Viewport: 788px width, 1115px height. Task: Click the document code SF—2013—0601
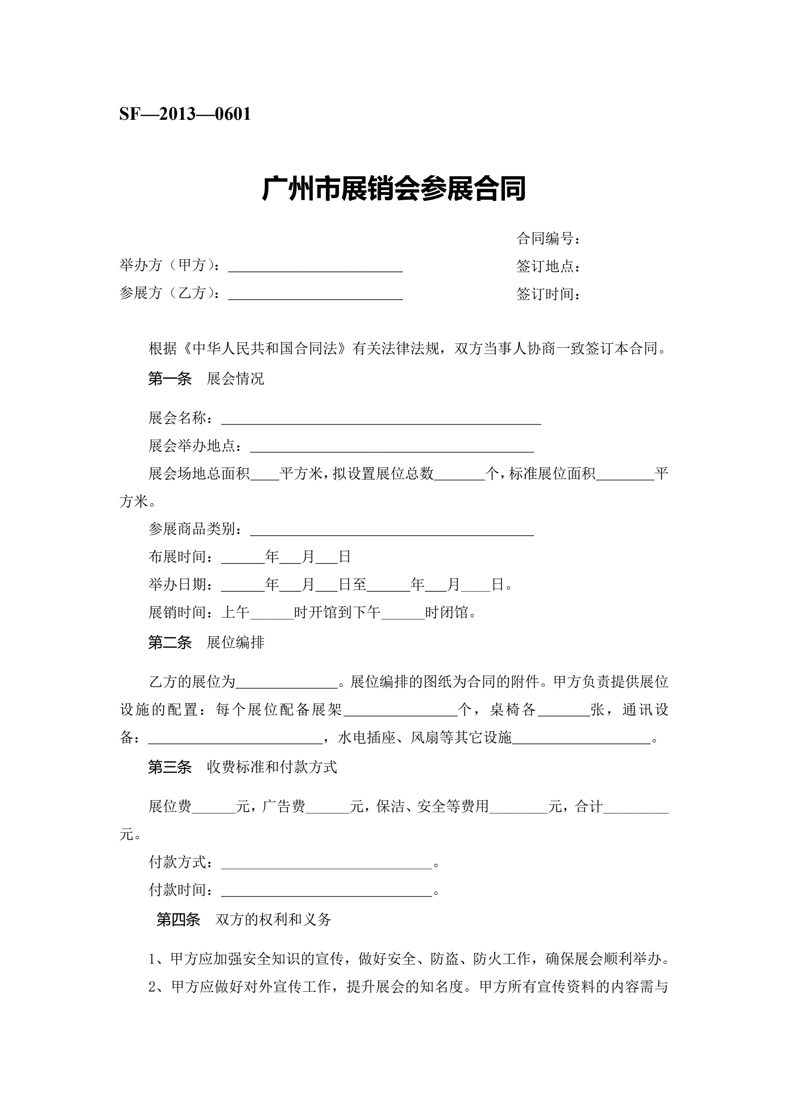coord(185,114)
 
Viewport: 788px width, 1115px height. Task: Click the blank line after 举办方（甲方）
coord(315,268)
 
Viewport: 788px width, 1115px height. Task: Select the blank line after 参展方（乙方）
coord(315,296)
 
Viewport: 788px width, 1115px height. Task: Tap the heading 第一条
coord(170,379)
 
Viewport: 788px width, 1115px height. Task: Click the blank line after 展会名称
coord(381,421)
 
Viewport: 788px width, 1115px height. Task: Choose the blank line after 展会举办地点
coord(392,448)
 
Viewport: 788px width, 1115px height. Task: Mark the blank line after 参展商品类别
coord(392,532)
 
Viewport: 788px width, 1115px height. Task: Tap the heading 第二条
coord(170,643)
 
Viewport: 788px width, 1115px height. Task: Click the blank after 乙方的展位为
coord(286,685)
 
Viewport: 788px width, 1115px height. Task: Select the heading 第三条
coord(170,767)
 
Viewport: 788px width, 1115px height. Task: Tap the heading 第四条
coord(178,919)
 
